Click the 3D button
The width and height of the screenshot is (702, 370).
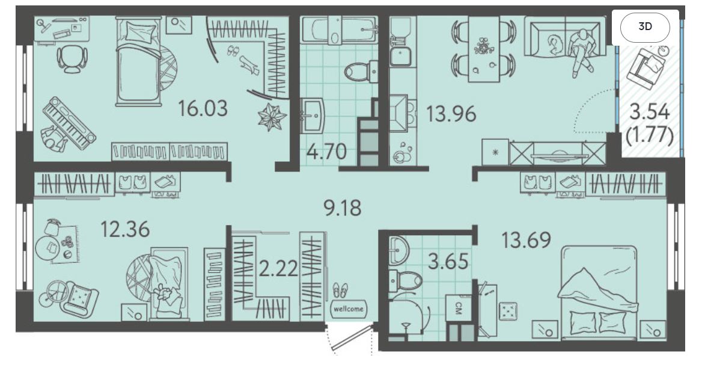pos(645,26)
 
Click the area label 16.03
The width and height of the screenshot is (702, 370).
pos(203,108)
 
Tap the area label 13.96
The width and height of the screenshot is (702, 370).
pos(451,114)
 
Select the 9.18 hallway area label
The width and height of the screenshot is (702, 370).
pos(343,208)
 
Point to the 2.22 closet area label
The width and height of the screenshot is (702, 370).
pos(278,269)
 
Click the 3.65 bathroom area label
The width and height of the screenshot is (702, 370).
pos(448,261)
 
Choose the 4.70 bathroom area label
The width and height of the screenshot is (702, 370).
pos(327,152)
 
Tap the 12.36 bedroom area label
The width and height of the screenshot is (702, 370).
pos(125,229)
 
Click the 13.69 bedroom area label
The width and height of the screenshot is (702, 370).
pos(526,240)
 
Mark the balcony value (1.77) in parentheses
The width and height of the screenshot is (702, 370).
pos(650,135)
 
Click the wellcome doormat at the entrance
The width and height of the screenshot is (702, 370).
pos(349,309)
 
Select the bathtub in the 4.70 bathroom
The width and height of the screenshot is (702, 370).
pos(338,30)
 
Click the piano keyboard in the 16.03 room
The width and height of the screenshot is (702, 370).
pos(69,122)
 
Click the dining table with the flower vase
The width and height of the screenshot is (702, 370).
pos(483,49)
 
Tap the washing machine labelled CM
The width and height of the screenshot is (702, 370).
pos(459,308)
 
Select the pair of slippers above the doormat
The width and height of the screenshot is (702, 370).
pos(340,290)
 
